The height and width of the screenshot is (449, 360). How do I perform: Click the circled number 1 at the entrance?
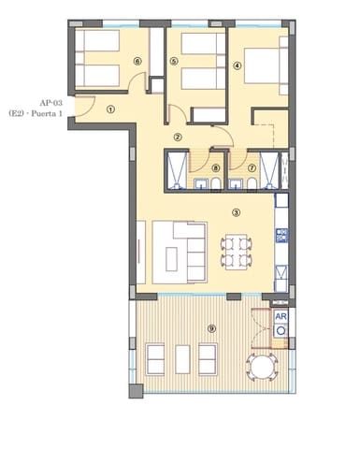(x=110, y=109)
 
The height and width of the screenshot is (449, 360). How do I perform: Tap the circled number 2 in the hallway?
(x=178, y=137)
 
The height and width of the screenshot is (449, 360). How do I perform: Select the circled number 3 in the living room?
(x=236, y=212)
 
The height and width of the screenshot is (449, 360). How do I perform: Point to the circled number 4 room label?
(x=238, y=65)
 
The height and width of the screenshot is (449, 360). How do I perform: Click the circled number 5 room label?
(x=174, y=62)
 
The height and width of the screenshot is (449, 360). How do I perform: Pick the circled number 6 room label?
(x=137, y=62)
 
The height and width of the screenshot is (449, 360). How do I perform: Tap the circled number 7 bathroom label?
(x=252, y=168)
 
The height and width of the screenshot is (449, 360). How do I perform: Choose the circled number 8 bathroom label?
(x=215, y=168)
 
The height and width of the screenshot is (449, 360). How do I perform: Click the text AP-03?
(x=52, y=103)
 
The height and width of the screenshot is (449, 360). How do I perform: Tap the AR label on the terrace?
(x=280, y=316)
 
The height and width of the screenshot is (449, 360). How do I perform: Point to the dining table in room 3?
(x=236, y=251)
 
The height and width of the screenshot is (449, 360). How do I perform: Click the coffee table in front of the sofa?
(x=174, y=253)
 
